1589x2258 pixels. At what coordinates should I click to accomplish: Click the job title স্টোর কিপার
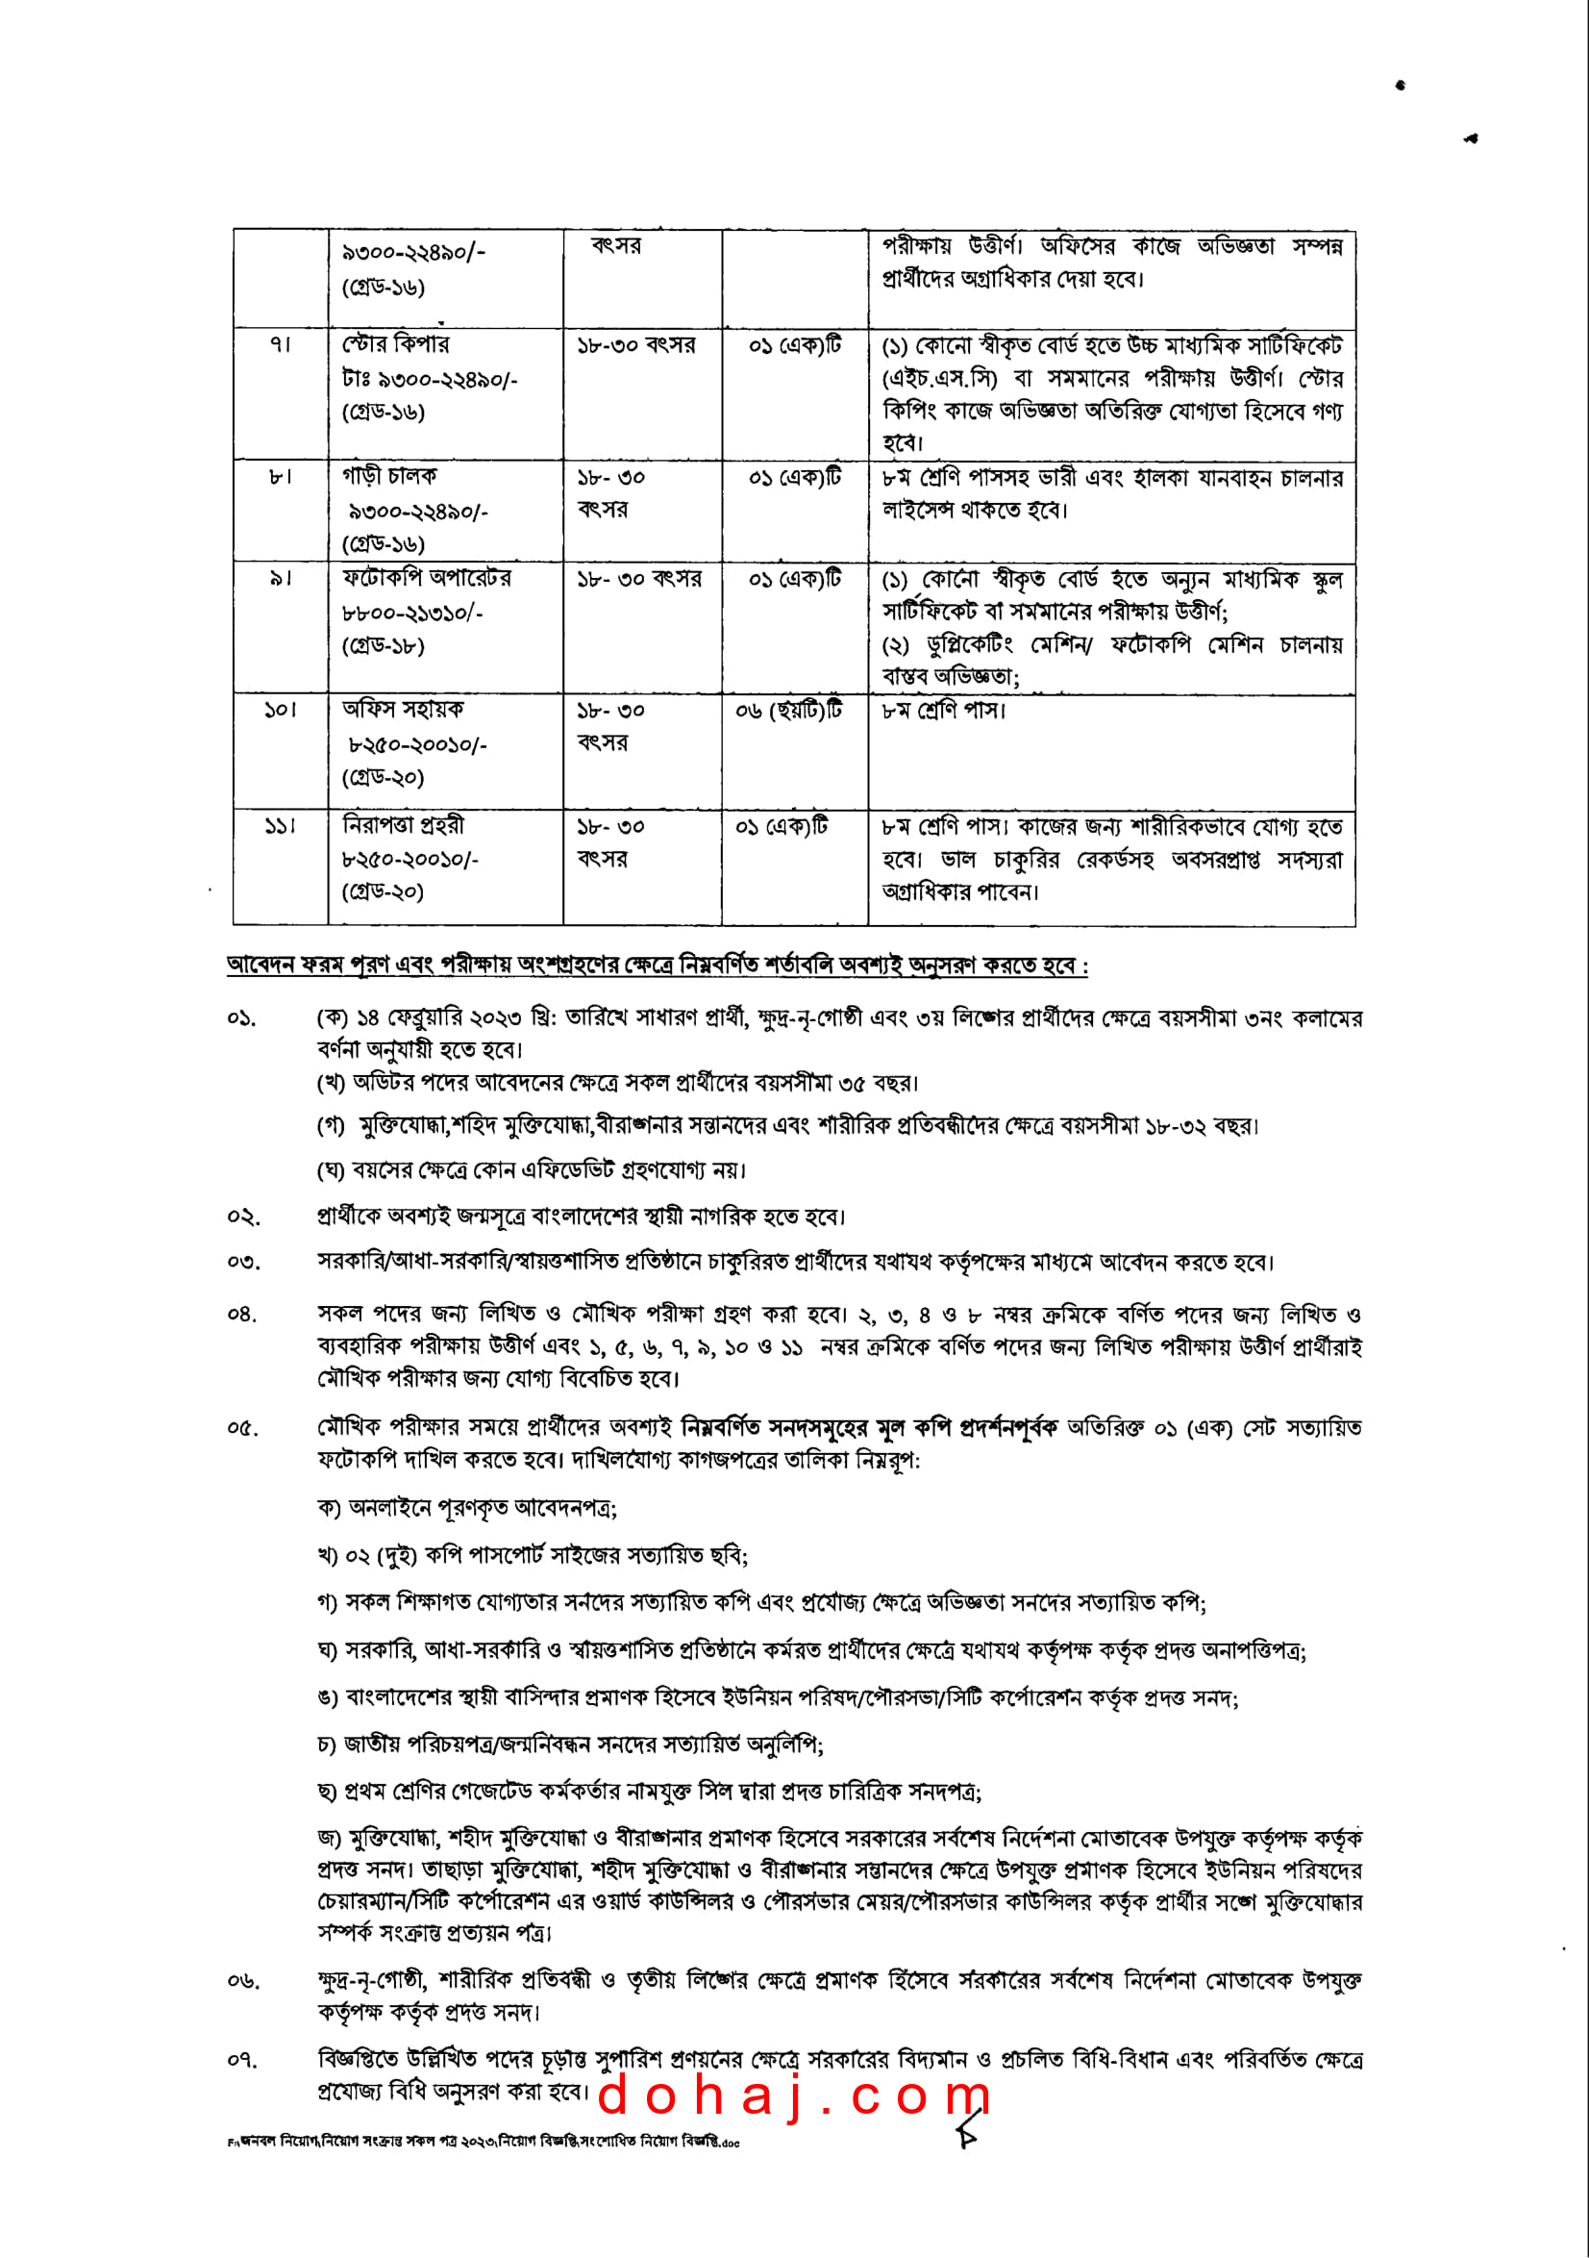tap(395, 345)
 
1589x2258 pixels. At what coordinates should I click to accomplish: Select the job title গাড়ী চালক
tap(389, 477)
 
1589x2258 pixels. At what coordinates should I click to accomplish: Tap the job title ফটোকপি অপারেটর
tap(426, 578)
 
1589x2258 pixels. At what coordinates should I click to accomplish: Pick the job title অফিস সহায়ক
tap(402, 710)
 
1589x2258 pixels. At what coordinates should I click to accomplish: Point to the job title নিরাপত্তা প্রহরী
tap(402, 826)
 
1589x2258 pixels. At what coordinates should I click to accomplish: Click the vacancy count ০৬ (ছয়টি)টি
tap(788, 711)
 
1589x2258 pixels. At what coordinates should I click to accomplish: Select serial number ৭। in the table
tap(281, 345)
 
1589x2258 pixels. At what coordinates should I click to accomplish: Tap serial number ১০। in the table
tap(281, 710)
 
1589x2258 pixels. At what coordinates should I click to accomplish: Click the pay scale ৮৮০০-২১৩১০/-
tap(412, 613)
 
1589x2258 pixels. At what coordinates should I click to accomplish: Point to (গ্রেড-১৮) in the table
tap(383, 646)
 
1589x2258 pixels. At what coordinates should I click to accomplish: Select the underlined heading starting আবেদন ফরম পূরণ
tap(657, 966)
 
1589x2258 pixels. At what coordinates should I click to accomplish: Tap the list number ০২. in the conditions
tap(243, 1217)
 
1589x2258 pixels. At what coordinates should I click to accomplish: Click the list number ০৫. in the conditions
tap(243, 1428)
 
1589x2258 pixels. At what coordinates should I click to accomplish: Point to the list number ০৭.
tap(243, 2059)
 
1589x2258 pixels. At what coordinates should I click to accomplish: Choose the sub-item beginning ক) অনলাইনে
tap(467, 1508)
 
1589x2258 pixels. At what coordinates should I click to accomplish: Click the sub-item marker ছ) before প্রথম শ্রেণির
tap(328, 1792)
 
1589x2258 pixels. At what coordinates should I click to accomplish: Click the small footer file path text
tap(483, 2142)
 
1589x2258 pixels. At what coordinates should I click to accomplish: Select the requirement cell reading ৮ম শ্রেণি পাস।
tap(944, 710)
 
